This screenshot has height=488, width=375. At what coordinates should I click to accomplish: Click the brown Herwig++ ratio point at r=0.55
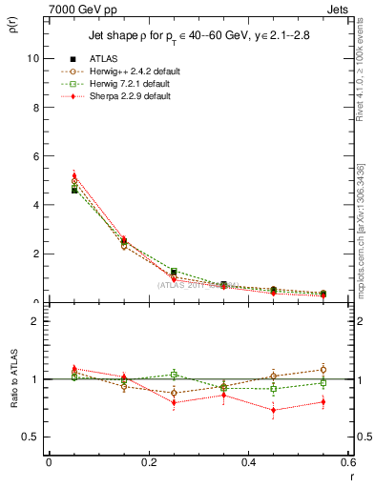[323, 370]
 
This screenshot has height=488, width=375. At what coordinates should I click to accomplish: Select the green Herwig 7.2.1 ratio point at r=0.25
[174, 375]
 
